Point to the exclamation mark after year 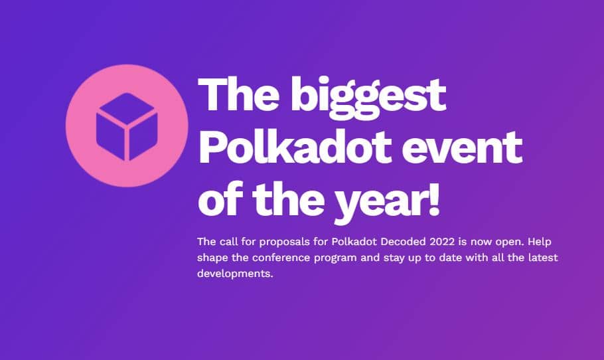433,199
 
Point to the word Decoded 404,242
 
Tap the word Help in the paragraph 540,242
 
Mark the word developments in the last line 235,273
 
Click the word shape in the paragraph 212,258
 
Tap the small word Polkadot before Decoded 354,242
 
